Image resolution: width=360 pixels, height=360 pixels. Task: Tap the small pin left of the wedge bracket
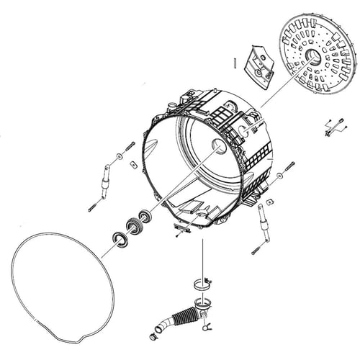[x=235, y=62]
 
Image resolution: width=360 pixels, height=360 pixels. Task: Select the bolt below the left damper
[x=93, y=207]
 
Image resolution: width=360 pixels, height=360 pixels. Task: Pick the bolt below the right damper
[x=256, y=250]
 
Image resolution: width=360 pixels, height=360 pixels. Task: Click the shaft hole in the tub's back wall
[x=219, y=147]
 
